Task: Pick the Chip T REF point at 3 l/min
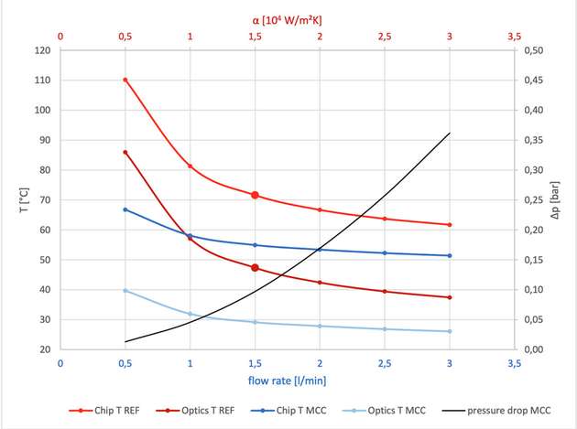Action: (449, 225)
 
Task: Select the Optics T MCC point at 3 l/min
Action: (449, 331)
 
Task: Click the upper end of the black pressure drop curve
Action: (449, 133)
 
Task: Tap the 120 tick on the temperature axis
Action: (42, 50)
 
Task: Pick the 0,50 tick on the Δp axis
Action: (532, 50)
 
